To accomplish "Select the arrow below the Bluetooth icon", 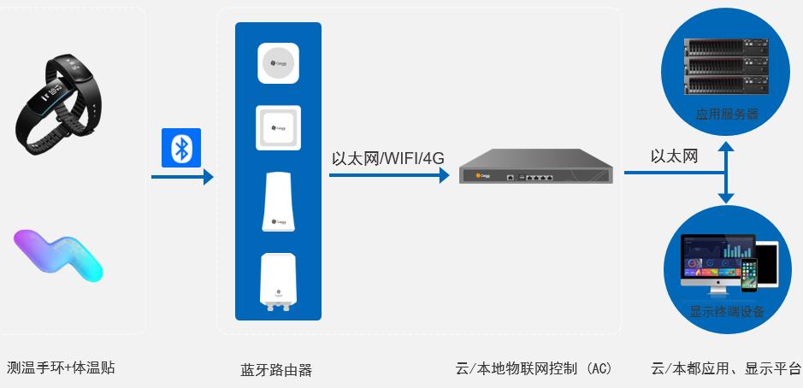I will coord(181,177).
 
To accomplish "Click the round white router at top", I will coord(278,63).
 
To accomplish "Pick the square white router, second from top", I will coord(278,126).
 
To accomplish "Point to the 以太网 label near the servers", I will coord(674,156).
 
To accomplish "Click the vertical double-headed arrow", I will coord(725,173).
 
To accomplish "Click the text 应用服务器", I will coord(726,114).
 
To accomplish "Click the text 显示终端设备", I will coord(726,311).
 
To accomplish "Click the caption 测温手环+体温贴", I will coord(60,368).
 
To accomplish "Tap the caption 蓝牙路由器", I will coord(276,370).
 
